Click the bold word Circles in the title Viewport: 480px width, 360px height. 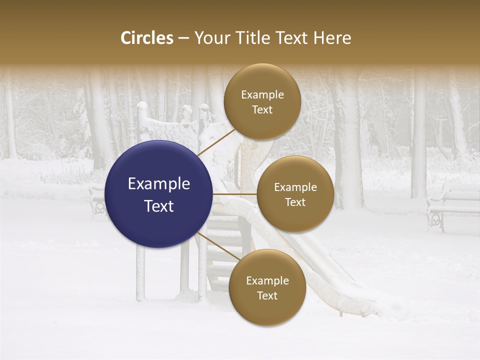(x=147, y=38)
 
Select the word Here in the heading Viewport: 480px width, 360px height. (x=332, y=38)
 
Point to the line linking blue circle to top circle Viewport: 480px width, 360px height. (x=216, y=142)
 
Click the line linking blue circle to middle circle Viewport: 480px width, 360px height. (x=234, y=194)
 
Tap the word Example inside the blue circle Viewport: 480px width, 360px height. (x=159, y=184)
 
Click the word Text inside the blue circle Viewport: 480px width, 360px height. (x=159, y=206)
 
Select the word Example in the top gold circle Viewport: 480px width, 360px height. (x=262, y=95)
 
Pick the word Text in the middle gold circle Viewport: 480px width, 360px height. (x=295, y=202)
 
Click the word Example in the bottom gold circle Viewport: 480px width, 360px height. (x=267, y=280)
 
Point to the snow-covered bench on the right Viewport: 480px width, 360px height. (x=452, y=205)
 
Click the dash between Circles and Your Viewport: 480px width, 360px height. (x=183, y=38)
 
